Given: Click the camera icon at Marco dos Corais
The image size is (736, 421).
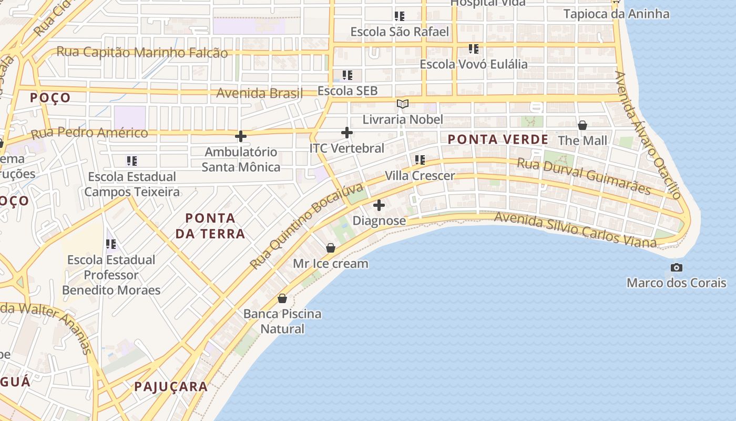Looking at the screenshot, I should pos(677,267).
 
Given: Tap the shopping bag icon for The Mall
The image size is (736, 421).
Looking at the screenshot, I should pos(582,125).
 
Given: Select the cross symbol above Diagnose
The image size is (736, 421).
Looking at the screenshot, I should pos(379,205).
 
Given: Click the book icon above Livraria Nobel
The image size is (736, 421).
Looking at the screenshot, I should pos(403,104).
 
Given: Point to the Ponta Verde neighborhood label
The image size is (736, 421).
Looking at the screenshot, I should pos(498,139).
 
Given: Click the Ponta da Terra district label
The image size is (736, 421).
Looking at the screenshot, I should pos(210,226).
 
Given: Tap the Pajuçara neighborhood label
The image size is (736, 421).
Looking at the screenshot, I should pos(171,387).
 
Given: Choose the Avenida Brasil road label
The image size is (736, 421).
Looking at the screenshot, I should pos(260,94).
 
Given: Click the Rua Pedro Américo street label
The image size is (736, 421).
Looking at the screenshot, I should pos(89,133).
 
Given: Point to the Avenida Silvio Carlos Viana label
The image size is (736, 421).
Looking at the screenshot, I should pos(575,230).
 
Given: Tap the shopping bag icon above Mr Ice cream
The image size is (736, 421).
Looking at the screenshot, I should pos(331,248).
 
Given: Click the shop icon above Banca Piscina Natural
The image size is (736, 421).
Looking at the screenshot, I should pos(282,298).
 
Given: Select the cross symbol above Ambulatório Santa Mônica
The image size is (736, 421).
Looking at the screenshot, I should pos(241,137).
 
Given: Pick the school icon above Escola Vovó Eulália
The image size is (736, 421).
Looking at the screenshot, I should pos(473,49).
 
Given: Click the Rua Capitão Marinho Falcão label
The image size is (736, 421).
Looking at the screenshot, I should pos(142,53).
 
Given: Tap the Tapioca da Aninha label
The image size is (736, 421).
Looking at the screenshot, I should pos(616,14).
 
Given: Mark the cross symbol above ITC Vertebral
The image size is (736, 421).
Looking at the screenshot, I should pos(347,133).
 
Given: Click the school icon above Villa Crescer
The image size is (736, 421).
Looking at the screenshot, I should pos(420,160).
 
